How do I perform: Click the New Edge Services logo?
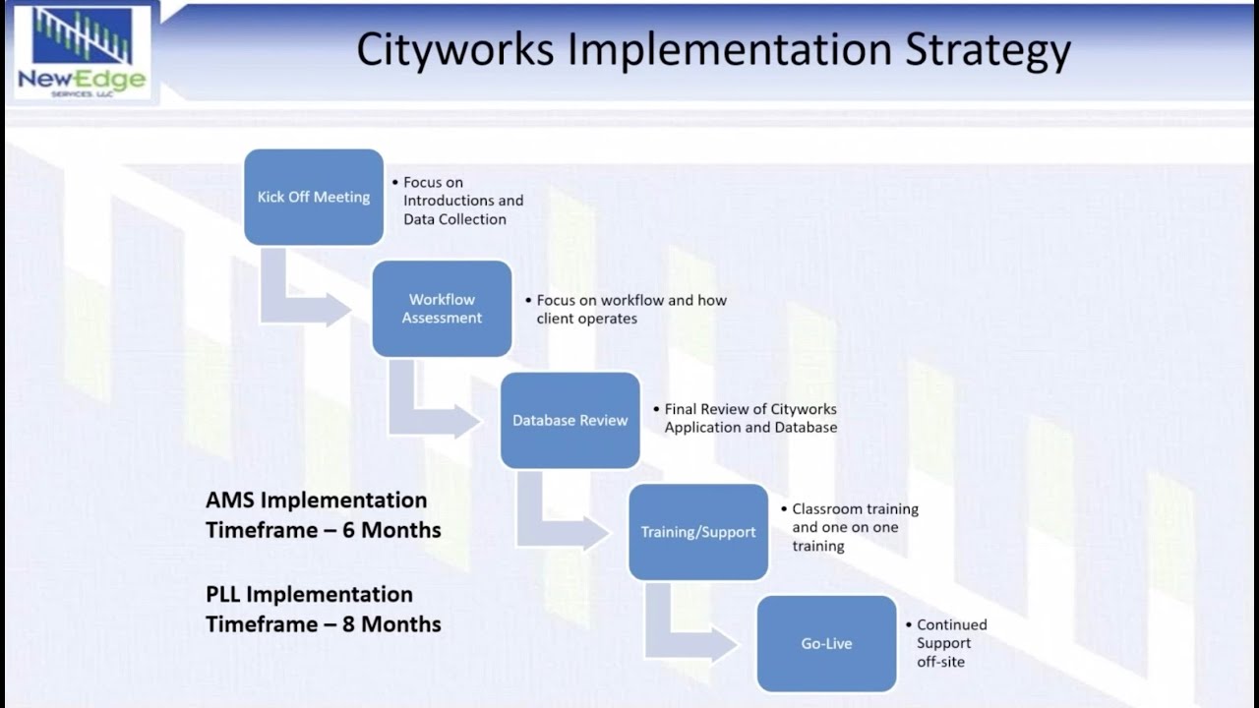coord(82,52)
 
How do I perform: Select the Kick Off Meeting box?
coord(314,197)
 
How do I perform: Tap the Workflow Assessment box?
coord(442,309)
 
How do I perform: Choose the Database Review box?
coord(570,420)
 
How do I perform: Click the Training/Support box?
coord(698,532)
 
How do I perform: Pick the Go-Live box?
coord(826,643)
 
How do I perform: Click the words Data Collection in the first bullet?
coord(454,219)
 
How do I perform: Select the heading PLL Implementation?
coord(309,594)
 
